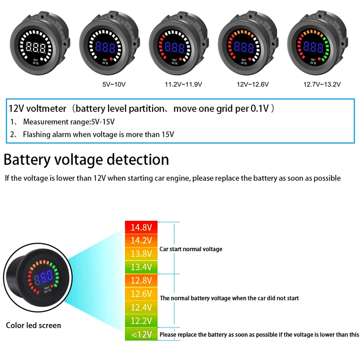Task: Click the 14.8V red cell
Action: click(141, 228)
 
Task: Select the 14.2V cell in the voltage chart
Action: click(141, 240)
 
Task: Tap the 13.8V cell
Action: click(141, 254)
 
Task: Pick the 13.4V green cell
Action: click(141, 267)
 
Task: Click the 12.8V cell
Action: click(141, 280)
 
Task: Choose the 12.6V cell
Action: click(141, 294)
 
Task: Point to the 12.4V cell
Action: click(141, 307)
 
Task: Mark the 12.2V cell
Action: click(141, 321)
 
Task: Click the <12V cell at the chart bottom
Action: click(141, 334)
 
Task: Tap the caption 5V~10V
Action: click(114, 85)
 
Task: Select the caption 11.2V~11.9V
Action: click(183, 85)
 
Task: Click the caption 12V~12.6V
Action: click(253, 85)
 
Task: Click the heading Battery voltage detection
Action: click(86, 159)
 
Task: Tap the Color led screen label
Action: click(33, 325)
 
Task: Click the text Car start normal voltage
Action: click(191, 249)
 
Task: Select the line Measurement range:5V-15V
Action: click(68, 122)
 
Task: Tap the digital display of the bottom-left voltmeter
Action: click(44, 277)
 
